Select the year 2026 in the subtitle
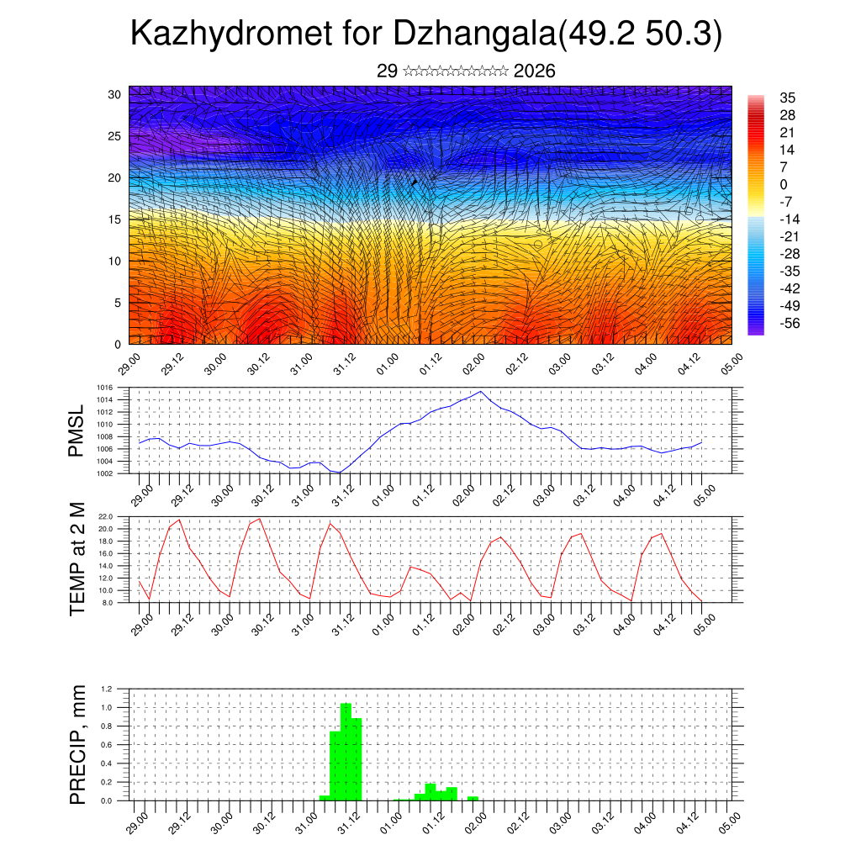(534, 71)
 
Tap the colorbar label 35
(788, 98)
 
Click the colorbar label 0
(784, 184)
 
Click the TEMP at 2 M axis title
(77, 557)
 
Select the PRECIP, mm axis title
(77, 743)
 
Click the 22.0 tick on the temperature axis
(106, 516)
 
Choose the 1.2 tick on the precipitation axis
(107, 689)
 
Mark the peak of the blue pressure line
(480, 391)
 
